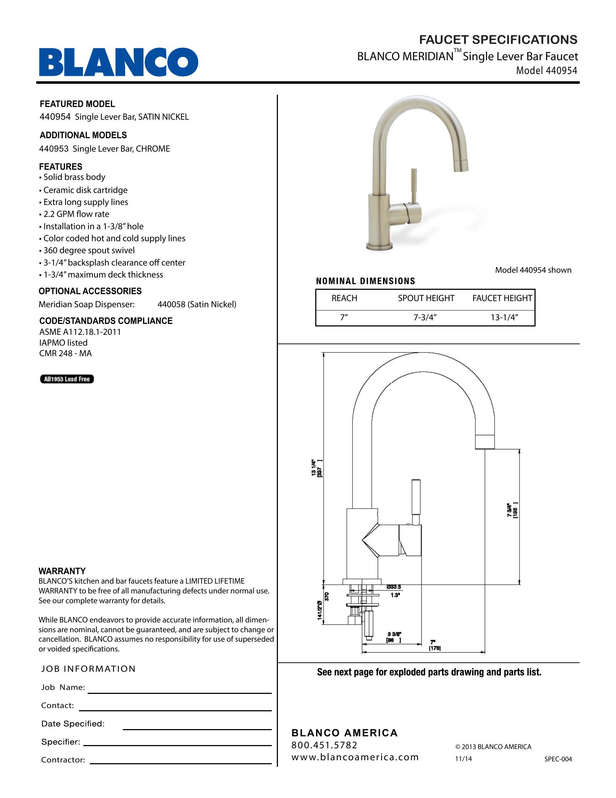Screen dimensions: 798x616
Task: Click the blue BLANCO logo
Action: point(118,62)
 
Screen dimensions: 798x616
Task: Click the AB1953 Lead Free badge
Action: point(67,379)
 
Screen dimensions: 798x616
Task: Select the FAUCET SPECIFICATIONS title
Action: point(498,40)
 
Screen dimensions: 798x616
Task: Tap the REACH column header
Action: point(344,298)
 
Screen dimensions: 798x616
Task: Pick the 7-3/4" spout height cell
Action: point(425,317)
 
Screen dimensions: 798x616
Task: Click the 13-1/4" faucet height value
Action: point(504,317)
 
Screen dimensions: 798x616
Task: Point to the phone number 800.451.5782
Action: point(324,745)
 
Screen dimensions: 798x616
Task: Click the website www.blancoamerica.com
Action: point(355,757)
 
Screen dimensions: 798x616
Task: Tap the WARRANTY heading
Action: point(62,571)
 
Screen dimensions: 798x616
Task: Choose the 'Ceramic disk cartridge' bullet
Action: point(86,190)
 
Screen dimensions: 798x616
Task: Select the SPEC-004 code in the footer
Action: point(558,759)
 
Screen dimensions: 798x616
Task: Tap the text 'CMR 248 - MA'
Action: point(65,353)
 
